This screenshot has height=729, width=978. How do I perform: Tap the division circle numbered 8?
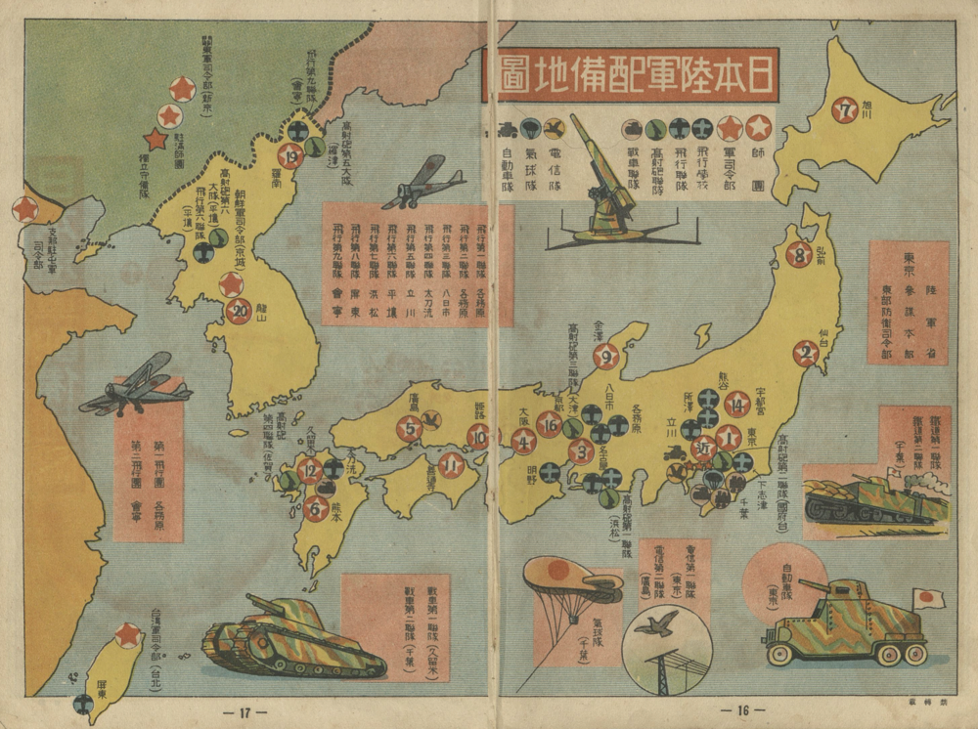click(799, 255)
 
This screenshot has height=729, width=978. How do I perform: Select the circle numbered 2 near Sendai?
click(806, 354)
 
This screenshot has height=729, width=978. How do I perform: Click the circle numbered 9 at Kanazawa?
click(605, 357)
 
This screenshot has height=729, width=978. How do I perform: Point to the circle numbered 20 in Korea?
click(238, 311)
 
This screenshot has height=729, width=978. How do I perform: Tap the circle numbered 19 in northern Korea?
click(290, 155)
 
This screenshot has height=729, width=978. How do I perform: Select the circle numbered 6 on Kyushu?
click(316, 507)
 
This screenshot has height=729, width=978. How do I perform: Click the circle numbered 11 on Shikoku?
click(451, 464)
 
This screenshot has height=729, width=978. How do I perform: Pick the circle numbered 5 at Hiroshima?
click(409, 428)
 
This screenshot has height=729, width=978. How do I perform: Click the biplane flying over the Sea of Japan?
click(422, 184)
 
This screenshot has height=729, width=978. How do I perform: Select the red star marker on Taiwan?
click(127, 635)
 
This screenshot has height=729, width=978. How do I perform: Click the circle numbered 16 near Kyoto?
click(550, 424)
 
